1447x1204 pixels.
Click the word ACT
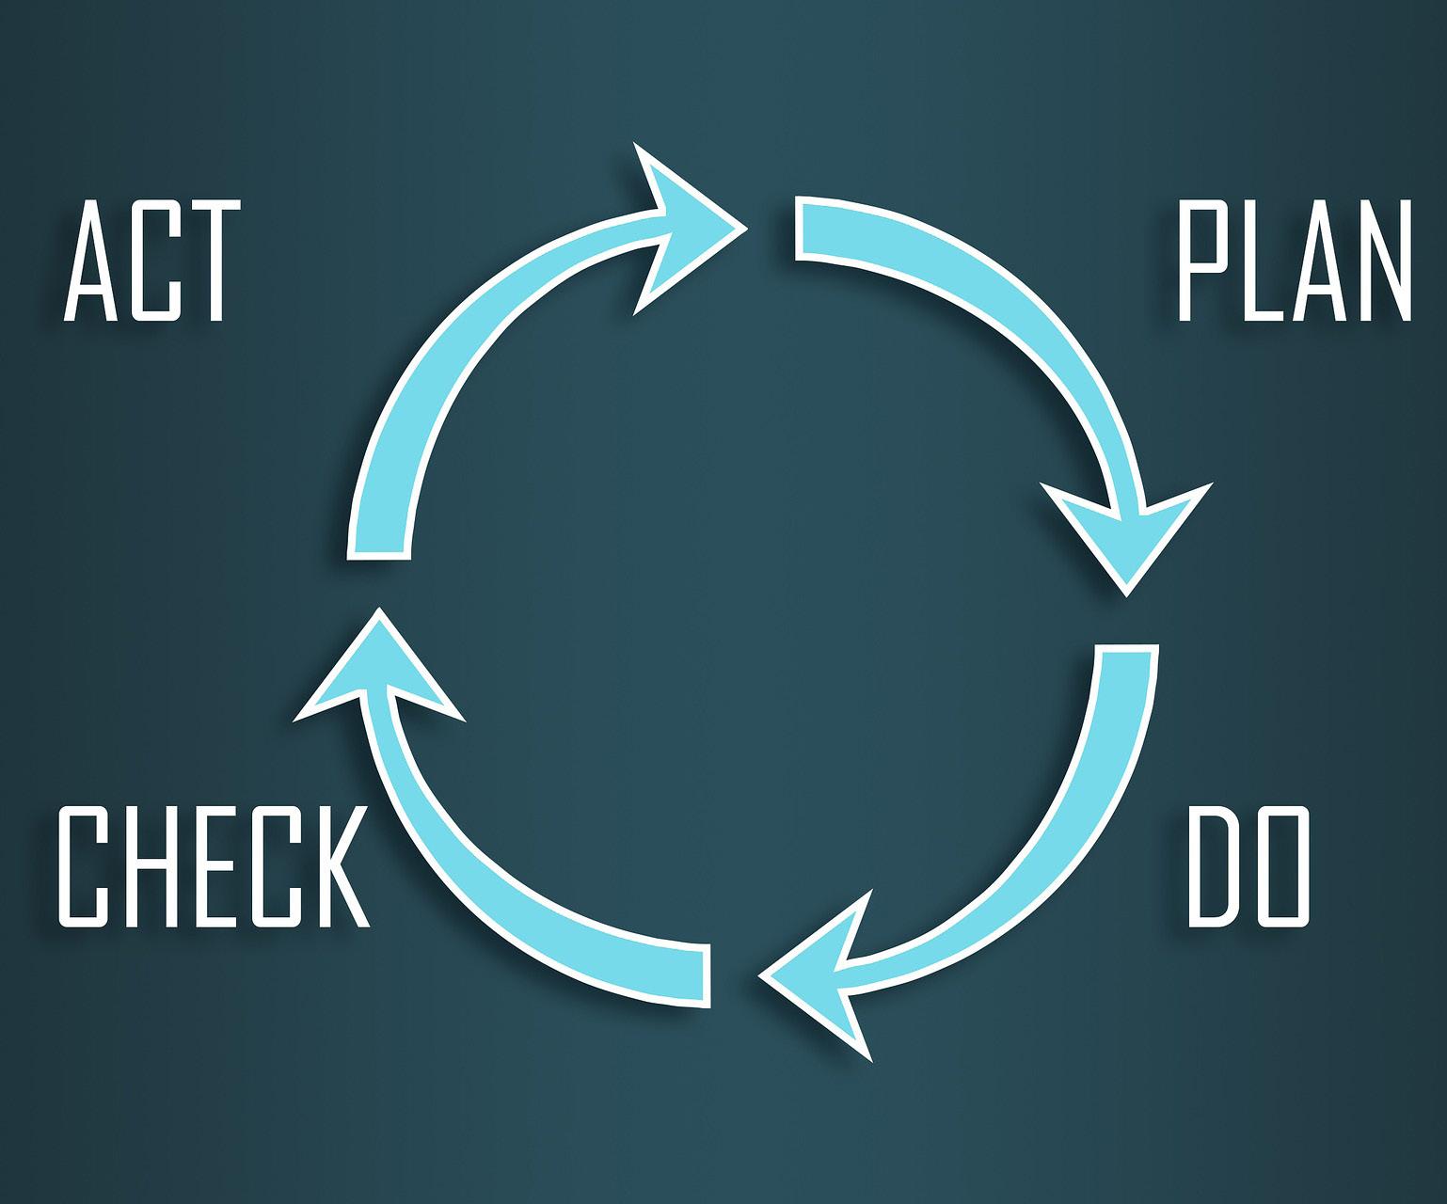[x=148, y=261]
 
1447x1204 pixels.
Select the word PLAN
[x=1295, y=261]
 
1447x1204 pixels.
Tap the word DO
[x=1248, y=866]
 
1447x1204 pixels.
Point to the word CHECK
[x=213, y=866]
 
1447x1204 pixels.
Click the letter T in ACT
[x=204, y=261]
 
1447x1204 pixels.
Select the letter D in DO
[x=1214, y=866]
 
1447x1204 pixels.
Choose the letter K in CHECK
[x=335, y=866]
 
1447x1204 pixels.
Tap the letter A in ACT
[x=92, y=261]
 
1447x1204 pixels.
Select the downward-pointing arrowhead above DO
[x=1127, y=536]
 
